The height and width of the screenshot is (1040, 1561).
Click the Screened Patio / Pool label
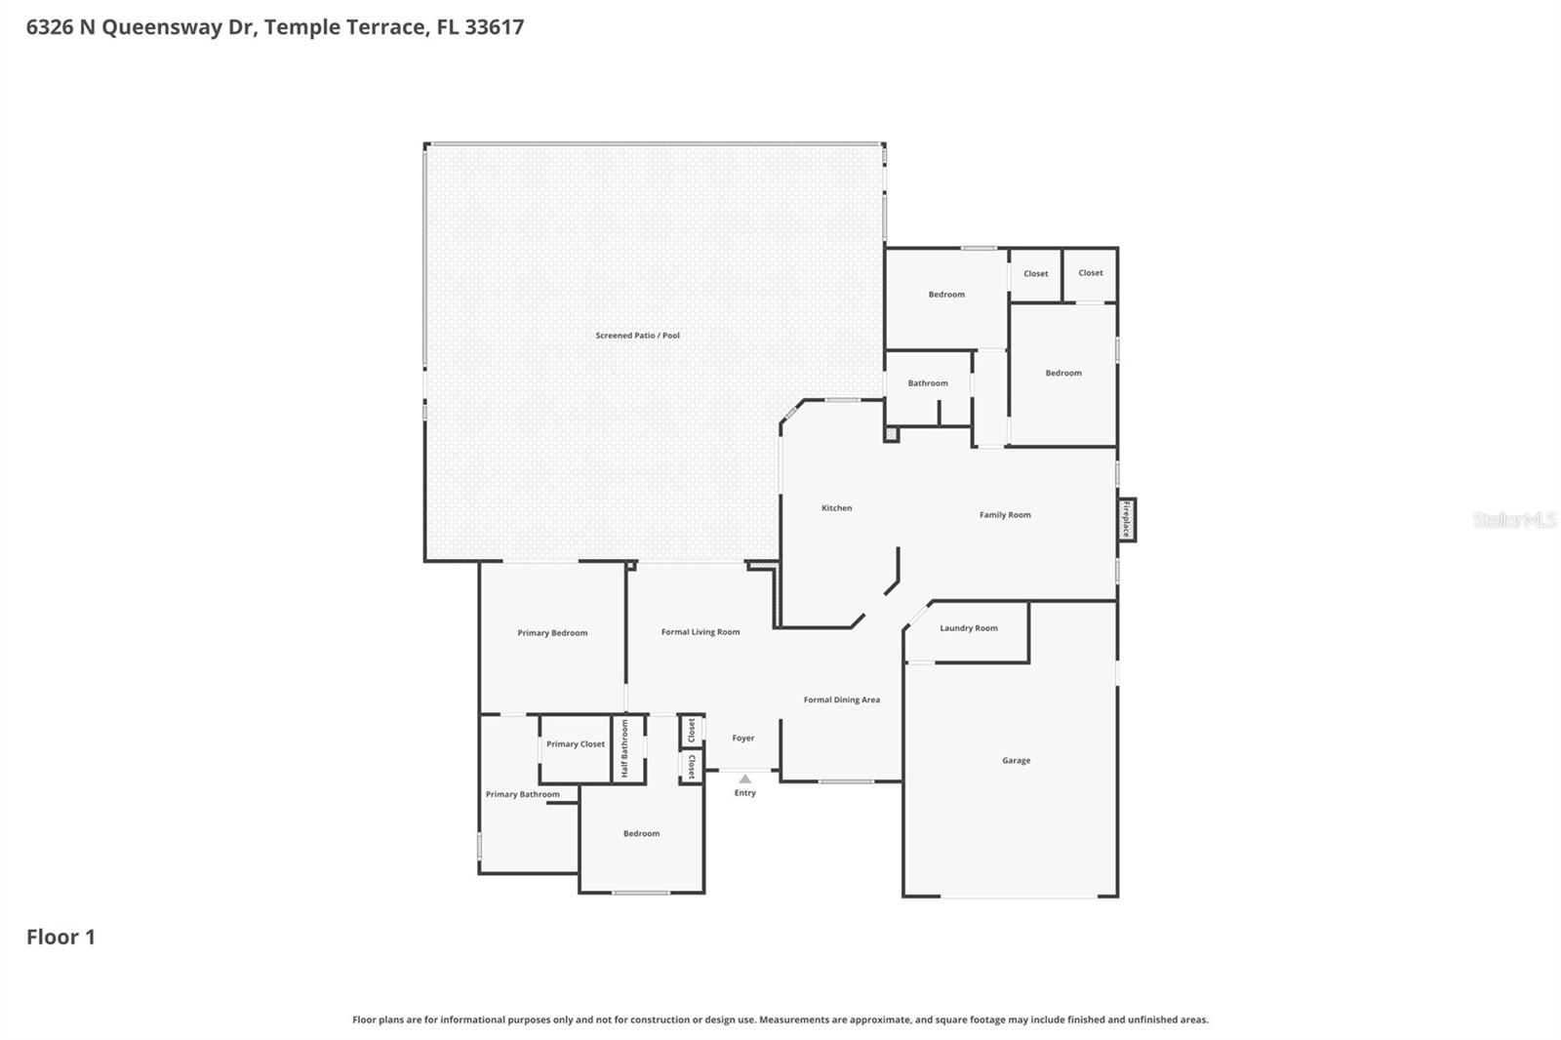(x=637, y=336)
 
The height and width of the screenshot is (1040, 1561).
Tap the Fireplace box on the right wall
(x=1126, y=519)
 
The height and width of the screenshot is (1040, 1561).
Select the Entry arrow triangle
(x=744, y=779)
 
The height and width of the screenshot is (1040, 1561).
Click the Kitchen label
(x=836, y=508)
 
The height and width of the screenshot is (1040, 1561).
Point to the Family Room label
(x=1005, y=515)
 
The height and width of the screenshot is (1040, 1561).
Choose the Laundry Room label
(x=968, y=628)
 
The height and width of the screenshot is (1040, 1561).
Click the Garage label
(x=1016, y=761)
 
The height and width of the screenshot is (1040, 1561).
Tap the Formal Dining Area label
(x=841, y=700)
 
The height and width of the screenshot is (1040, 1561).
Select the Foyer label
(x=742, y=739)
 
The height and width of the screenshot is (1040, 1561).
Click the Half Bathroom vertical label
(x=625, y=748)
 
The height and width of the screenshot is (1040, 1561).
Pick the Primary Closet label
(x=575, y=744)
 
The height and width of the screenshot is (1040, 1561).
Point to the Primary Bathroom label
(x=522, y=794)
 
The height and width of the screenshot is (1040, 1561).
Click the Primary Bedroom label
(x=552, y=633)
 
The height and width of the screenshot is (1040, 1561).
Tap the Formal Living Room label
(x=700, y=632)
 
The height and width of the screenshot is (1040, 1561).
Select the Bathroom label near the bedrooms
(x=927, y=383)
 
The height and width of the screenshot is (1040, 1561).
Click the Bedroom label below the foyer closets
(x=641, y=834)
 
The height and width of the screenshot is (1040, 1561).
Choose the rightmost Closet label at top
(x=1090, y=273)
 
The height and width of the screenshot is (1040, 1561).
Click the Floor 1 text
(x=60, y=937)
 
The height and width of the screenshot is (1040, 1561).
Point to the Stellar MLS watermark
(x=1514, y=520)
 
